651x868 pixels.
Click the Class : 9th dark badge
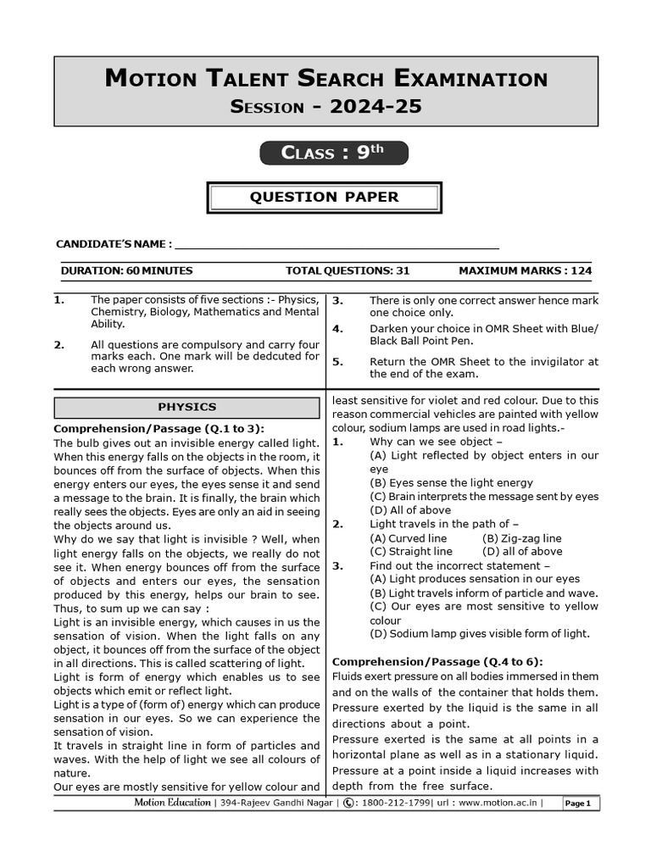point(333,153)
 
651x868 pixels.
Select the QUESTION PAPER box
point(324,198)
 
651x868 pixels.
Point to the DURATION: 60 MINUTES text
point(126,271)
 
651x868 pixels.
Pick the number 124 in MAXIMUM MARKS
point(581,271)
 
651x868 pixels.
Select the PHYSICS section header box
point(187,408)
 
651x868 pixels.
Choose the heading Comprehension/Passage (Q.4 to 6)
point(437,661)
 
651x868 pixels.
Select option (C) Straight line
point(411,552)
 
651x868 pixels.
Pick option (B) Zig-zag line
point(521,538)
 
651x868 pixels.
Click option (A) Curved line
point(409,538)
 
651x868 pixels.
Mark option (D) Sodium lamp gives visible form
point(480,634)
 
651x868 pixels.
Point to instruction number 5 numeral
point(337,361)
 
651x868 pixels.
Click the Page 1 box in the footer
point(578,804)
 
